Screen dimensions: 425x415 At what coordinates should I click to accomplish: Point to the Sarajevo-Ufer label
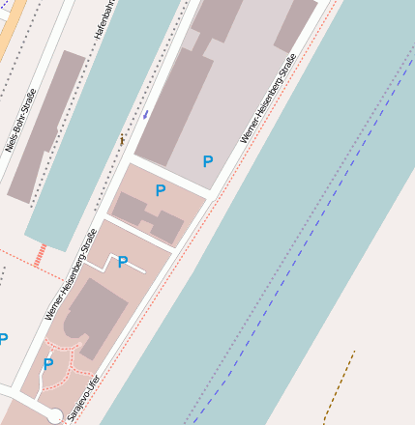83,397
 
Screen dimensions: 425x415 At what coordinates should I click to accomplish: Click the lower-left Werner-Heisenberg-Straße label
71,275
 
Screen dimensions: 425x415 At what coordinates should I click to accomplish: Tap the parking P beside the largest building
207,162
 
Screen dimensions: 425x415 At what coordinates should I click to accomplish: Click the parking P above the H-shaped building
160,191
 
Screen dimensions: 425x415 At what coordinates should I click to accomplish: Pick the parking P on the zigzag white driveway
123,262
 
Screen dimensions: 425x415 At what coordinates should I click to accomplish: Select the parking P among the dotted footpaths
47,364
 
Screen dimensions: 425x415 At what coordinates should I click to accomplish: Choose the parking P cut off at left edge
3,339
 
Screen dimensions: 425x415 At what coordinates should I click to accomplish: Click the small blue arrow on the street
145,114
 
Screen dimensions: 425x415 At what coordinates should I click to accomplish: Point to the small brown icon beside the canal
122,140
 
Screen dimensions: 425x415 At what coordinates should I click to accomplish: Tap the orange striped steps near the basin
40,255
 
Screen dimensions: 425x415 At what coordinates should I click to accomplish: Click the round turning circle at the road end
55,416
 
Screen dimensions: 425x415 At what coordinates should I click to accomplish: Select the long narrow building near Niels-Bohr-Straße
46,126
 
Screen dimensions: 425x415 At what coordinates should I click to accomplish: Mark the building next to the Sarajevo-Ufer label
92,314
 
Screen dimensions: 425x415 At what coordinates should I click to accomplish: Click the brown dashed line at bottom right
339,386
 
